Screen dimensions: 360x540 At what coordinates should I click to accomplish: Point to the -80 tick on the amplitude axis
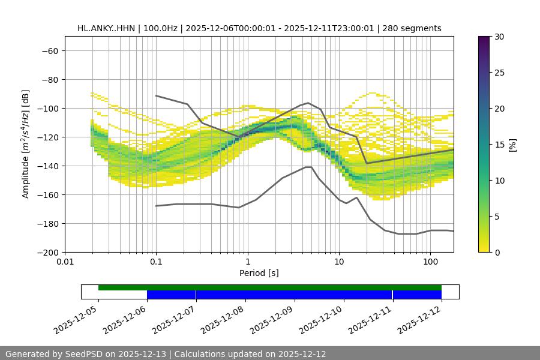coord(49,79)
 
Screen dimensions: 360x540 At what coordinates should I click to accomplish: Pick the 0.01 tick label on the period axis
coord(65,262)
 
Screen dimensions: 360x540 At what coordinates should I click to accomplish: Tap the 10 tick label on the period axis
coord(339,262)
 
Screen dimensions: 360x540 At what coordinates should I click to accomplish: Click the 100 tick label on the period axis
coord(430,262)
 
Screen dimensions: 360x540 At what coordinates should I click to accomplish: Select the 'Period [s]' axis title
coord(259,273)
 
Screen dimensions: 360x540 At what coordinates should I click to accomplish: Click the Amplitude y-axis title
coord(26,144)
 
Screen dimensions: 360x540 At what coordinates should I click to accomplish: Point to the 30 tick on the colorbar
coord(499,37)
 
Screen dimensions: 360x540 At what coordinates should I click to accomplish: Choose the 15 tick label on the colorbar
coord(499,145)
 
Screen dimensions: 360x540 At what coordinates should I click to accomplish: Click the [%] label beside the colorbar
coord(512,145)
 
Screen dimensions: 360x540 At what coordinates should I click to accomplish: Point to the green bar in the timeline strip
coord(270,287)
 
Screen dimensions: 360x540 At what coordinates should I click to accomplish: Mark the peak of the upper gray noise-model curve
coord(308,103)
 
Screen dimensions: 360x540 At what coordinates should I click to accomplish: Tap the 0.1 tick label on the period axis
coord(156,262)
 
